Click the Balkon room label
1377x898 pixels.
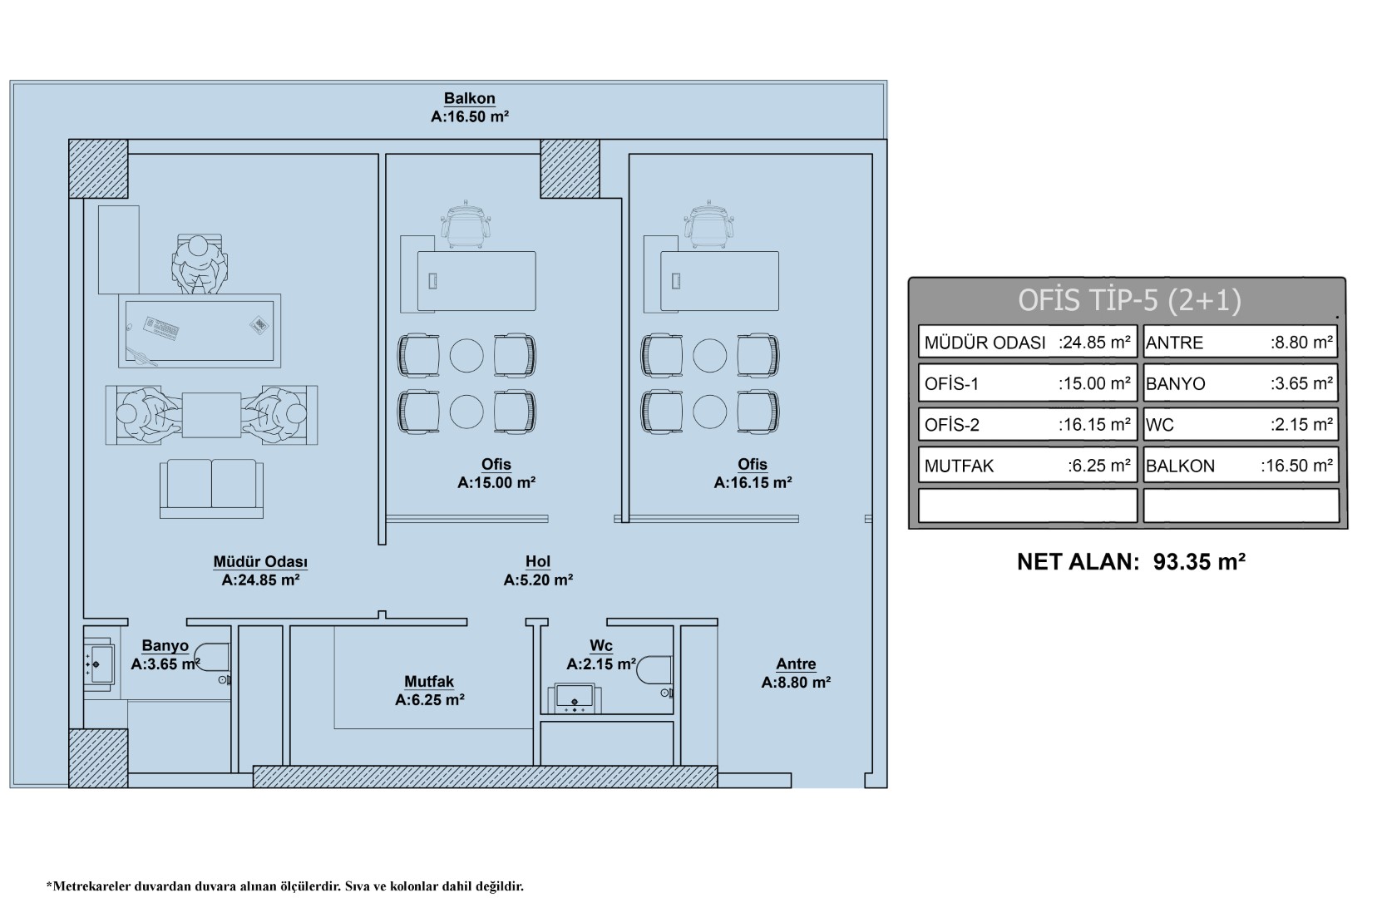470,98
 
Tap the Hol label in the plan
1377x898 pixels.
538,561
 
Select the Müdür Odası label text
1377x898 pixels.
260,562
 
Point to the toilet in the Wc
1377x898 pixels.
654,669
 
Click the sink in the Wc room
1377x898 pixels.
575,698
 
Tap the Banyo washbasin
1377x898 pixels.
99,664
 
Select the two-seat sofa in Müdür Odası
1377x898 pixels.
211,489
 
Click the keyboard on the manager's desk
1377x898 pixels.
161,328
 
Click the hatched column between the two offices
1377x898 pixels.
570,169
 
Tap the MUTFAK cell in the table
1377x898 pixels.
1027,466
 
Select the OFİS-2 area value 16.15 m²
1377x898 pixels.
1094,425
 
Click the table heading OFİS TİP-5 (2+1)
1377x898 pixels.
1129,300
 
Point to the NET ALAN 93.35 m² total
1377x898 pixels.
1131,562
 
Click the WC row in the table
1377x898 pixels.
1241,425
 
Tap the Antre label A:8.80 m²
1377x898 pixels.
796,683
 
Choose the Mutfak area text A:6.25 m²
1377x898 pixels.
430,700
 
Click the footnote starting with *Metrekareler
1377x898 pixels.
284,886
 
